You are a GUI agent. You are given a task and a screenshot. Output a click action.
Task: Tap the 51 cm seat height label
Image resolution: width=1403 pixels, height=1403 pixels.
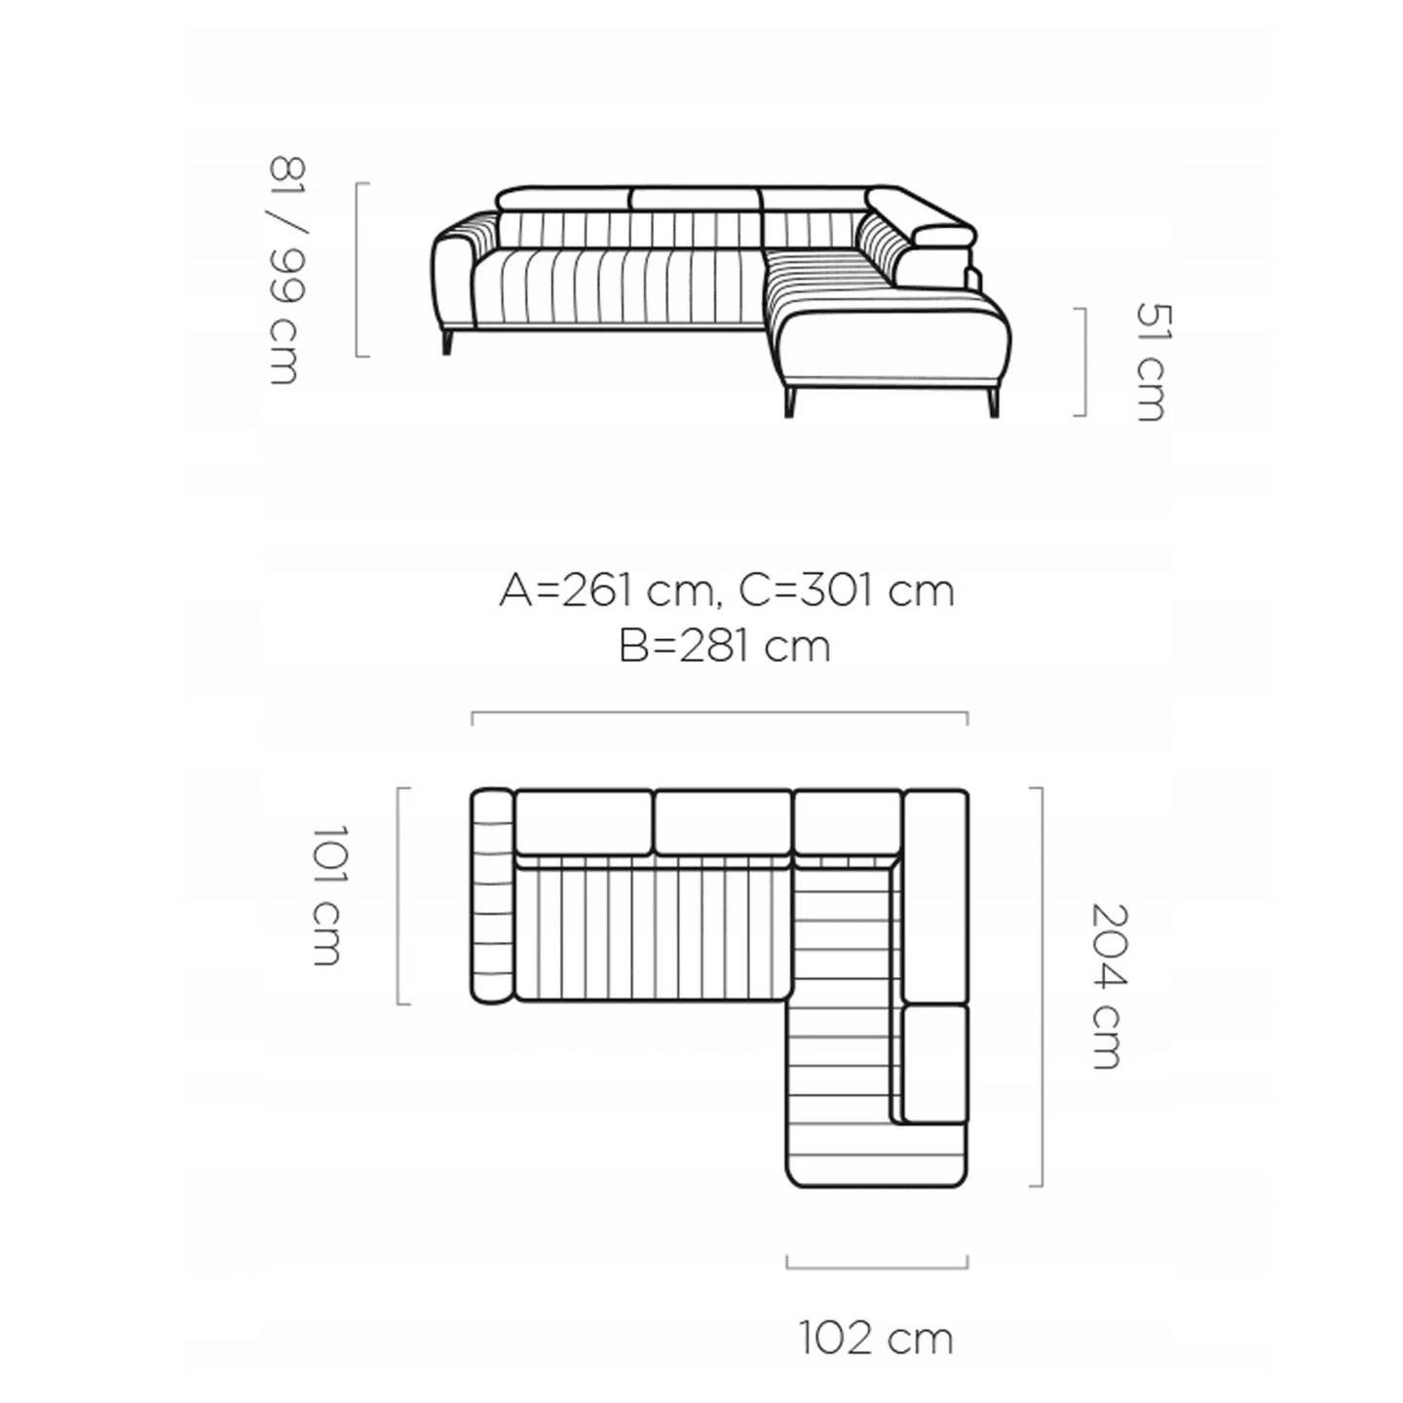(x=1153, y=361)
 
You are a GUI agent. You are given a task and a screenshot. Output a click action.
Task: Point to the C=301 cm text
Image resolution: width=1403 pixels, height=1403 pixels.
(x=847, y=591)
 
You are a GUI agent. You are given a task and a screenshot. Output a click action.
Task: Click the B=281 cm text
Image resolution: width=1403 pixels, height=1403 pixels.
(x=725, y=647)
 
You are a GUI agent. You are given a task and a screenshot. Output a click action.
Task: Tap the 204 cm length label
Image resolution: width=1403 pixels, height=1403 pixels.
(x=1108, y=987)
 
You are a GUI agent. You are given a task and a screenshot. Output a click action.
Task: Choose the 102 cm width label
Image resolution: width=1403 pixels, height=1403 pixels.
(x=877, y=1338)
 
